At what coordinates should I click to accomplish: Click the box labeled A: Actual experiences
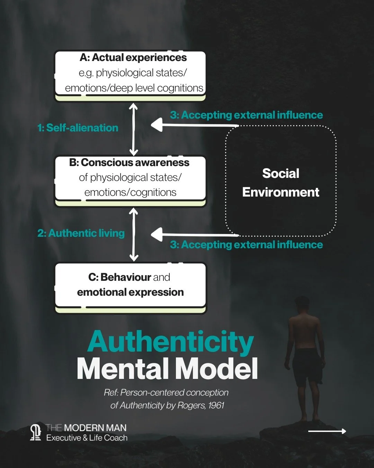[130, 73]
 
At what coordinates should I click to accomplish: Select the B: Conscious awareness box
[130, 179]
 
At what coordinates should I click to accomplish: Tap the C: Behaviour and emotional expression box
[130, 285]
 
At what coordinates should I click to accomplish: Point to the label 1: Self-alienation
[78, 128]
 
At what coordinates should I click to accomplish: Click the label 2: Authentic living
[81, 233]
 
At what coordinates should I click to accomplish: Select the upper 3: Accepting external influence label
[246, 115]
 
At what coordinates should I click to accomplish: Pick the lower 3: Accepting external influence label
[246, 245]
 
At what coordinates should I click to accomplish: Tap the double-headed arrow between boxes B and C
[134, 235]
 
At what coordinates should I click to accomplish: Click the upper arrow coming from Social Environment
[194, 125]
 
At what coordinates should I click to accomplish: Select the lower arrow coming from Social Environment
[194, 235]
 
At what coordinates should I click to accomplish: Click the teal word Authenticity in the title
[170, 343]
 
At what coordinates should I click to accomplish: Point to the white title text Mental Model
[167, 369]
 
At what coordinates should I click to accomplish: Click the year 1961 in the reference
[216, 405]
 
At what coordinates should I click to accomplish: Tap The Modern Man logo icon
[35, 433]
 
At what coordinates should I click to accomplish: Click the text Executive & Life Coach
[87, 438]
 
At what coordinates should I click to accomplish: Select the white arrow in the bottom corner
[327, 431]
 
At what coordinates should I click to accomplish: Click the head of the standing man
[302, 304]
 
